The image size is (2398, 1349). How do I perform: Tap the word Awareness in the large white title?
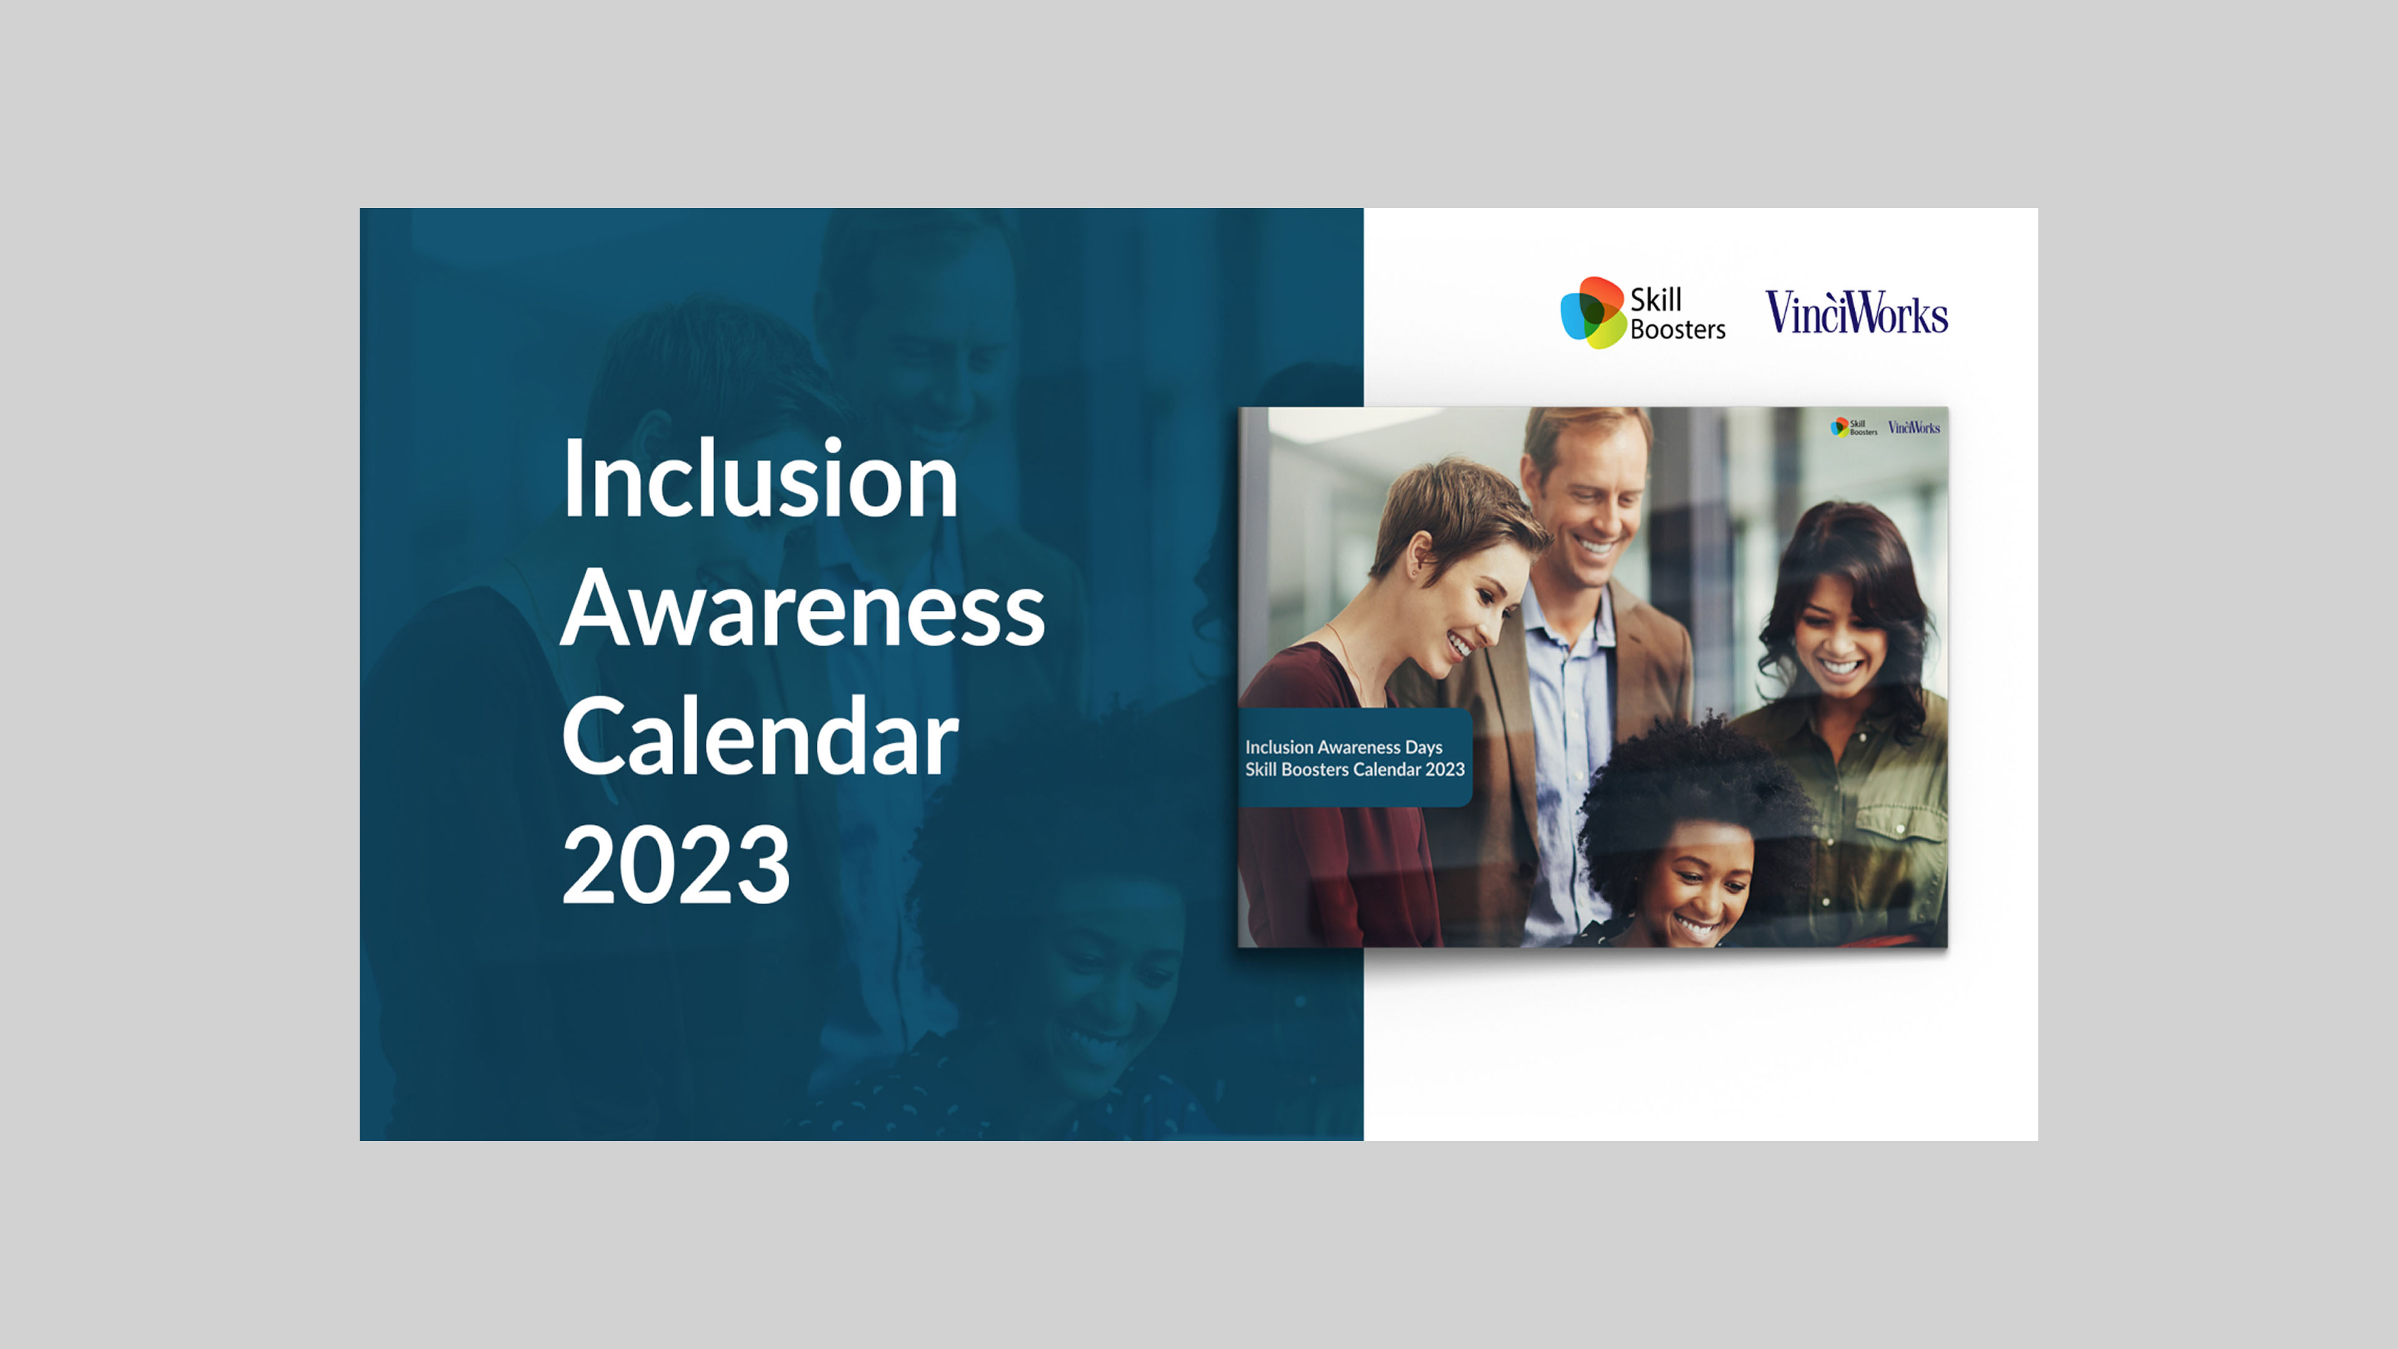pyautogui.click(x=803, y=608)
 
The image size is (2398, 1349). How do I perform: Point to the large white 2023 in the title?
pyautogui.click(x=677, y=865)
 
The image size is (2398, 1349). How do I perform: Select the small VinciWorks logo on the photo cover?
pyautogui.click(x=1914, y=427)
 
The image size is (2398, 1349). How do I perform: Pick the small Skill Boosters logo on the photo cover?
pyautogui.click(x=1853, y=427)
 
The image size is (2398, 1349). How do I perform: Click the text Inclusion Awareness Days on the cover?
pyautogui.click(x=1343, y=747)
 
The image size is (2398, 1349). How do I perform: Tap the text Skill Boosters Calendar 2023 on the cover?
pyautogui.click(x=1354, y=769)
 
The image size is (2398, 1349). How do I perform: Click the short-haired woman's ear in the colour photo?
pyautogui.click(x=1419, y=555)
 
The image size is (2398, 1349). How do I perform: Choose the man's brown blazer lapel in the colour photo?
pyautogui.click(x=1648, y=651)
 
